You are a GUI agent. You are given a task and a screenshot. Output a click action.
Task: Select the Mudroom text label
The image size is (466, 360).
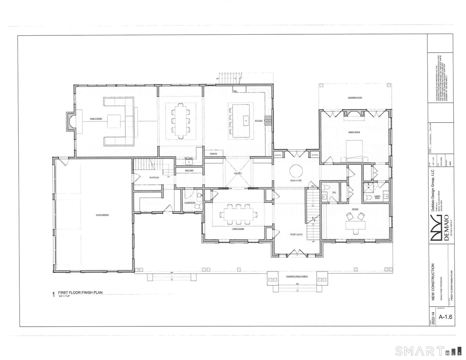coord(154,177)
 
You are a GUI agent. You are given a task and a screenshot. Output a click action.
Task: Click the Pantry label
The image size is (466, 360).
coord(214,154)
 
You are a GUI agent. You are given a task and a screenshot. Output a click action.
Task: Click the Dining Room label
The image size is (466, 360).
coord(238,229)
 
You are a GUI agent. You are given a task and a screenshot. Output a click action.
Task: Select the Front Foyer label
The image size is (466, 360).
coord(296,234)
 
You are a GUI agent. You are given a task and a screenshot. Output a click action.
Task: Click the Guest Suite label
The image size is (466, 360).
coord(354,132)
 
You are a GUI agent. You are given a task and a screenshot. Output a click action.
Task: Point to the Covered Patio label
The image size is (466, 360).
coord(355,98)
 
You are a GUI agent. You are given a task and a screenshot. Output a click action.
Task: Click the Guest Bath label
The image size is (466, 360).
coord(377,197)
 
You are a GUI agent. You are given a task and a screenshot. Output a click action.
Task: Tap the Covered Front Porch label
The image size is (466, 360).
coord(297,277)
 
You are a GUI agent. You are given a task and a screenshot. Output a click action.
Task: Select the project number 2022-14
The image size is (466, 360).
coord(433,318)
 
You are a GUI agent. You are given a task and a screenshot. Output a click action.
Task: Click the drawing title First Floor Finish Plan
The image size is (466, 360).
coord(80,293)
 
